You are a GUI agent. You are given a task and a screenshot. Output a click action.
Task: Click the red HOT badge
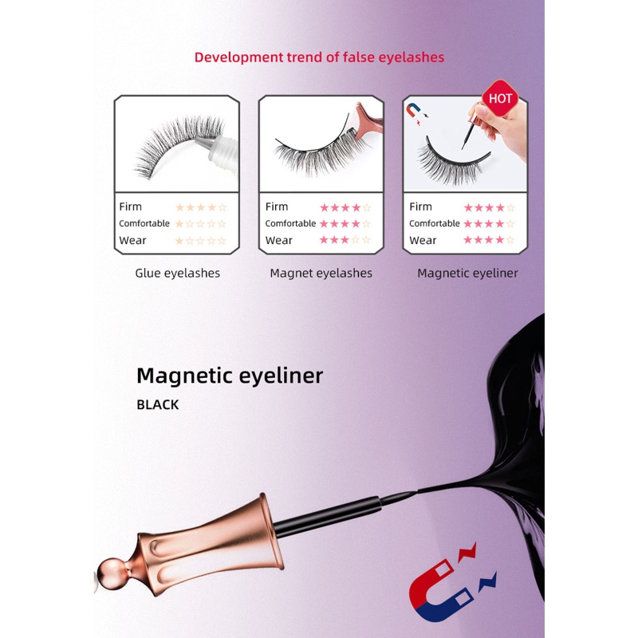click(500, 98)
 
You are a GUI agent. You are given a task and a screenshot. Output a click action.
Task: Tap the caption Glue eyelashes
click(177, 273)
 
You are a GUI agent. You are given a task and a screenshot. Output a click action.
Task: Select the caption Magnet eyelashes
click(321, 273)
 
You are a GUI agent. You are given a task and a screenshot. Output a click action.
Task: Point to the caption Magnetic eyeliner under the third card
click(467, 273)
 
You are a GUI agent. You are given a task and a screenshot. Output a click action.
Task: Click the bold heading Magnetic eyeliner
click(230, 376)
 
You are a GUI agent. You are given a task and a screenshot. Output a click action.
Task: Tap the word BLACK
click(158, 404)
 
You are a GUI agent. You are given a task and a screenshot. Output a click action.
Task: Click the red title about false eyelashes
click(319, 57)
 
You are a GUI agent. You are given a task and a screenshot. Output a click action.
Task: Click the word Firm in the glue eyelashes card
click(130, 207)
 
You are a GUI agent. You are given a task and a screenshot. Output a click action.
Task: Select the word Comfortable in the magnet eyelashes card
click(290, 223)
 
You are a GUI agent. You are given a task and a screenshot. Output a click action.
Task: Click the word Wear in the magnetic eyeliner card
click(423, 240)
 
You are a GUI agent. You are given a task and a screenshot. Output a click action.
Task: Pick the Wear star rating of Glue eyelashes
click(201, 240)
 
